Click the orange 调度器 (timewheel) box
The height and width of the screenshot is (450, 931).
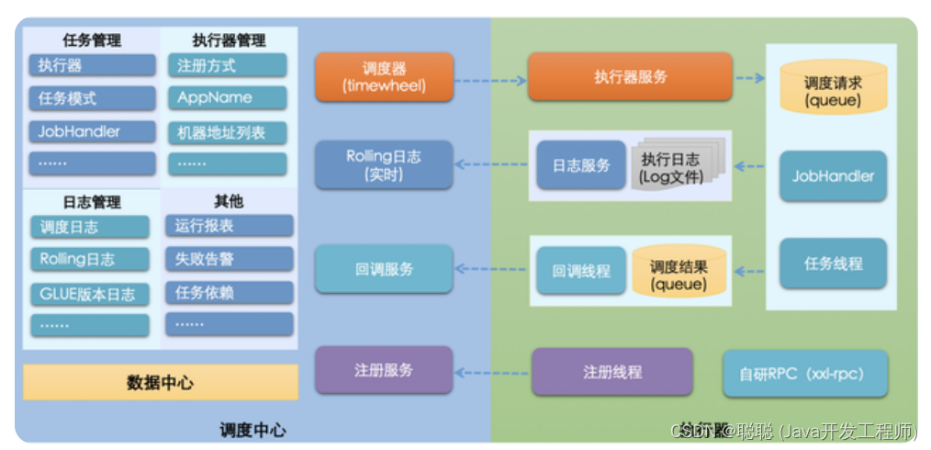(384, 76)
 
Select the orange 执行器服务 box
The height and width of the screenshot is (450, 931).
(630, 76)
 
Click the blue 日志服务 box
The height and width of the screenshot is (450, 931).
(580, 165)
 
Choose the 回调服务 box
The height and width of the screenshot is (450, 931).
(384, 269)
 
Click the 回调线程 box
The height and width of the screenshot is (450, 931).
(580, 271)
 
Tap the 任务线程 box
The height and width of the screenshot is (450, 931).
(833, 264)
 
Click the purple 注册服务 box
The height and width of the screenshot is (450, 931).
(384, 370)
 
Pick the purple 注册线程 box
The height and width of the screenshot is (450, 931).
(611, 372)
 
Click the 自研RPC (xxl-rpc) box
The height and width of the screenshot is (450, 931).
(805, 373)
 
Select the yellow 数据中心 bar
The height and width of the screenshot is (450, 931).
(160, 382)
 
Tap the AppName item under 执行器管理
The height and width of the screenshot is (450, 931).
(227, 97)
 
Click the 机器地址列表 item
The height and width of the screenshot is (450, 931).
(227, 132)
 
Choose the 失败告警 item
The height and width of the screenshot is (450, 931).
(229, 259)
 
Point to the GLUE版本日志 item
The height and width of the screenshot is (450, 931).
(89, 293)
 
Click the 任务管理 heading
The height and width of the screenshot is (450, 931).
(91, 40)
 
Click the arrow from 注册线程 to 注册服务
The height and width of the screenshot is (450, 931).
(492, 373)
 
